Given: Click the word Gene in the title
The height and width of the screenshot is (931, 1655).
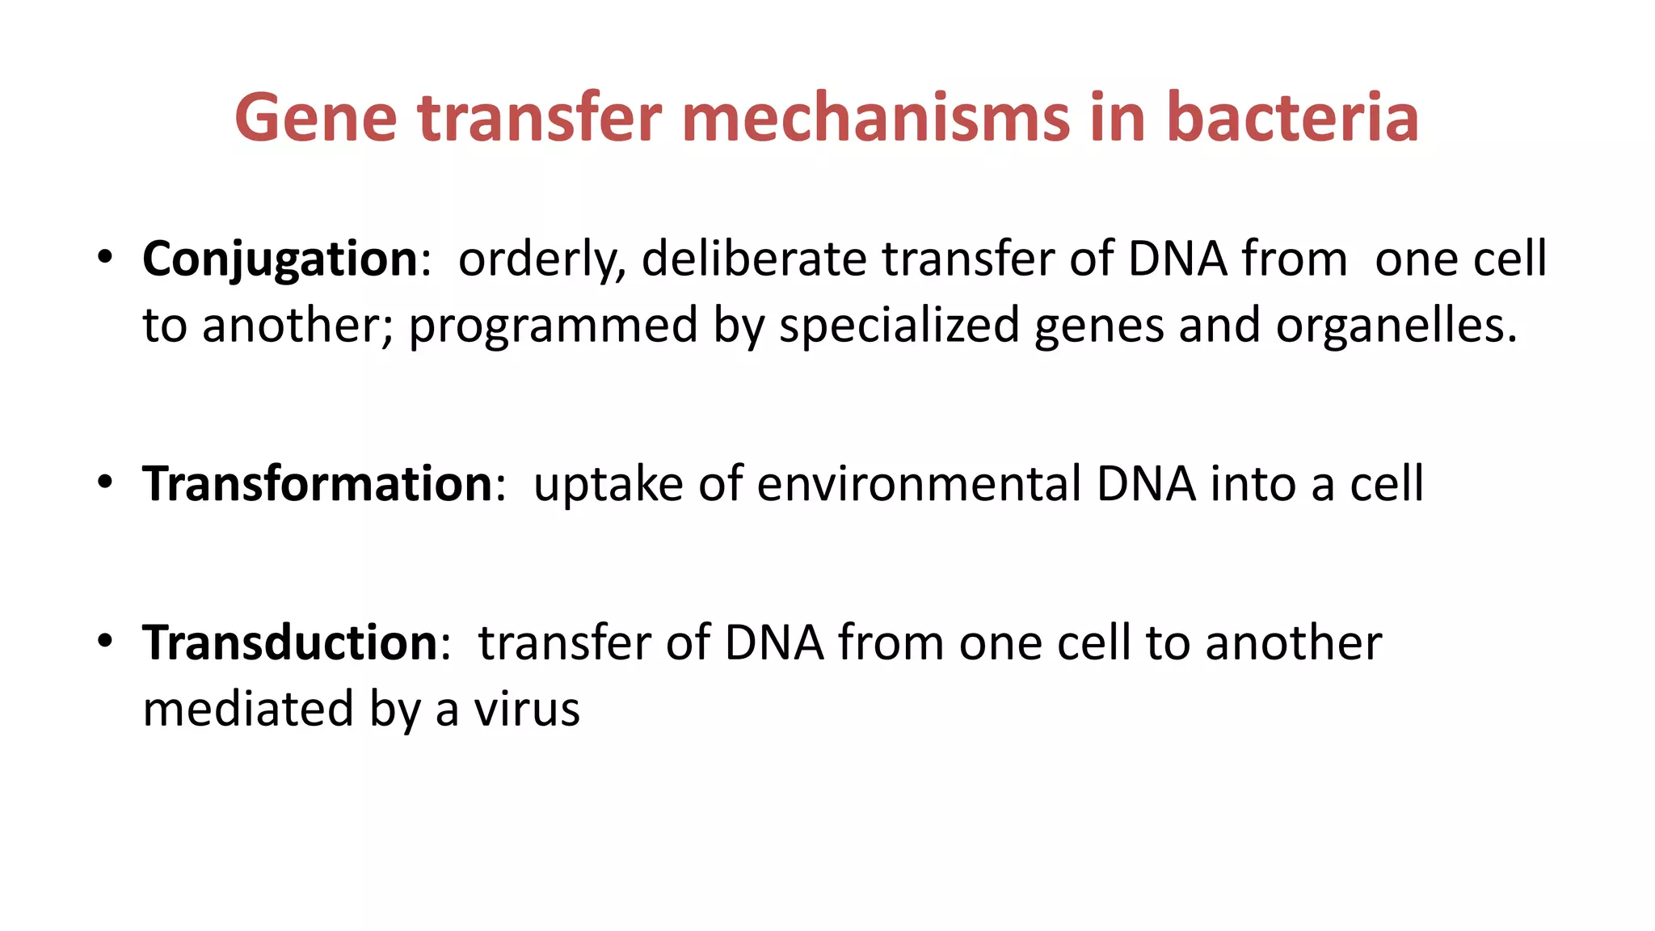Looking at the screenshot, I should tap(316, 119).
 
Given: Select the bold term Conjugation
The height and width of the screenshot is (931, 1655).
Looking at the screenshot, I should tap(280, 260).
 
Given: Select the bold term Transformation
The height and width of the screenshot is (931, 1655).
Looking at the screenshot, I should tap(318, 484).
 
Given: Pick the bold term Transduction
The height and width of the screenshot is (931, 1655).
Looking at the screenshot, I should tap(290, 643).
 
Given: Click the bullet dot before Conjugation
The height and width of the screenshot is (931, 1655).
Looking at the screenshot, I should tap(104, 258).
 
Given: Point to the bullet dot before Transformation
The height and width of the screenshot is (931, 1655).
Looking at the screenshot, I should tap(104, 482).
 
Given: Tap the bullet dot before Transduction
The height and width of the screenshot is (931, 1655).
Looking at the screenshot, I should tap(104, 641).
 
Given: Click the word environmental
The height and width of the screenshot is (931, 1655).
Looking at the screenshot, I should tap(919, 484).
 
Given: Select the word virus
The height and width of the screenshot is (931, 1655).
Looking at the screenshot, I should tap(527, 710).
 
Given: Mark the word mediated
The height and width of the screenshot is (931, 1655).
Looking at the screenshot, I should tap(248, 709).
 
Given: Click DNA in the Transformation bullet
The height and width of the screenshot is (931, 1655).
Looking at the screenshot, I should tap(1146, 484).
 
